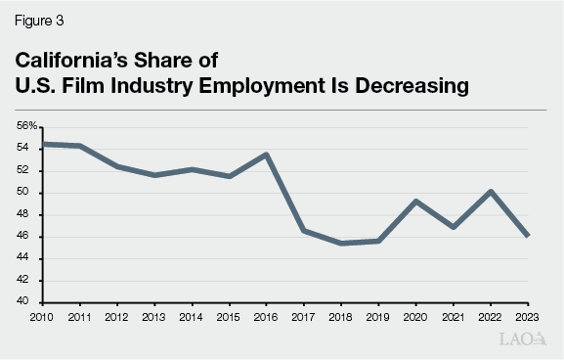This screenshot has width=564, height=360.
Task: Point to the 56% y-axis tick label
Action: click(26, 126)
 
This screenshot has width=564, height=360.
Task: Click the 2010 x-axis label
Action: click(43, 316)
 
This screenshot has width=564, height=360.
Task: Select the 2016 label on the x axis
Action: click(267, 316)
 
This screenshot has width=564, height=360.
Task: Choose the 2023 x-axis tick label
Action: click(528, 316)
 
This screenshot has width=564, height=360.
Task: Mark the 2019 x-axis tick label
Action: click(378, 316)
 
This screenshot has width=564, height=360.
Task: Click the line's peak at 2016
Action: click(267, 155)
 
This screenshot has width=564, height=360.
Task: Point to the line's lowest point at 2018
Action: click(341, 243)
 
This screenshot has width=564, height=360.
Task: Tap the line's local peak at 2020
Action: click(416, 202)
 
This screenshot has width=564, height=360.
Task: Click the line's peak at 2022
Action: click(491, 192)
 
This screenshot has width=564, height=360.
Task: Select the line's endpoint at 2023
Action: click(528, 235)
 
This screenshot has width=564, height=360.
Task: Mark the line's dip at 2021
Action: click(454, 226)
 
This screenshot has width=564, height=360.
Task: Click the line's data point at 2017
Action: click(304, 230)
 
